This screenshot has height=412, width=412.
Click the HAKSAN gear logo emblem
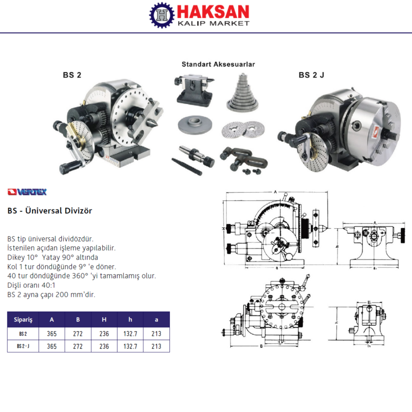[x=162, y=15]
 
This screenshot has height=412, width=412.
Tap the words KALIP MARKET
[x=213, y=23]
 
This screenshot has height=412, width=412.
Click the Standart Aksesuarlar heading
[x=218, y=64]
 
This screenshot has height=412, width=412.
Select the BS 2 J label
[x=312, y=75]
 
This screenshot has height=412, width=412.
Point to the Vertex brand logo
[x=27, y=192]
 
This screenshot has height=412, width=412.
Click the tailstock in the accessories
[x=194, y=90]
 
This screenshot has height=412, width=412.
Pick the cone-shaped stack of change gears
[x=242, y=94]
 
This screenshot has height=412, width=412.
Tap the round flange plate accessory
[x=195, y=125]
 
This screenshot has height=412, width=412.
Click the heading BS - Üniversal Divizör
[x=50, y=211]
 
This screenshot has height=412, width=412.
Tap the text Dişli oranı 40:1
[x=31, y=285]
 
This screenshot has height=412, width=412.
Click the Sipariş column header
[x=23, y=319]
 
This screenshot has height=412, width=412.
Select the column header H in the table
[x=104, y=319]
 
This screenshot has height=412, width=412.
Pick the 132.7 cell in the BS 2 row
[x=130, y=334]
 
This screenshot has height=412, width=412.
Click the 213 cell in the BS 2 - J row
[x=156, y=346]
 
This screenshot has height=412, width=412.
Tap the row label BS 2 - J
[x=23, y=346]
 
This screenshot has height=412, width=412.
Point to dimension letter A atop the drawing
[x=275, y=192]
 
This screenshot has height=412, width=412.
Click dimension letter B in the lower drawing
[x=261, y=346]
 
